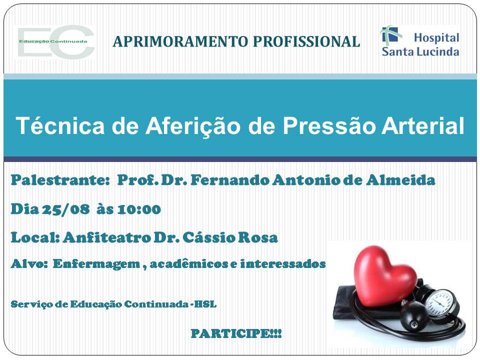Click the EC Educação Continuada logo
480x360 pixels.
[55, 42]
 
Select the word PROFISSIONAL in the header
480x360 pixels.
[306, 41]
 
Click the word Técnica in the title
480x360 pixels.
[60, 125]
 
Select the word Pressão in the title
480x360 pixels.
[328, 126]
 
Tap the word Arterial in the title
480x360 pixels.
[423, 125]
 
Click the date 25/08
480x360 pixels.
[66, 209]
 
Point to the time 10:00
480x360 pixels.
[139, 209]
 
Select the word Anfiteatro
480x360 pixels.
[107, 237]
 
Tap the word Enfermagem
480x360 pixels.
[96, 264]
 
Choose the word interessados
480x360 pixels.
[282, 263]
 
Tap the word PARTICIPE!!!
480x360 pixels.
[236, 333]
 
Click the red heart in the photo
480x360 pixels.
[384, 275]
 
